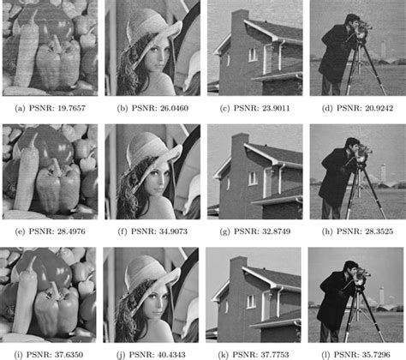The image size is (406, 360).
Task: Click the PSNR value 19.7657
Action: (71, 108)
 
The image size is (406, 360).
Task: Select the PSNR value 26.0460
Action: (174, 108)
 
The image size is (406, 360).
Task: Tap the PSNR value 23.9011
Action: (276, 108)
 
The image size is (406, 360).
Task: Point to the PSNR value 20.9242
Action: (379, 108)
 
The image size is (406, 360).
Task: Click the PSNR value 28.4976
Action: (71, 231)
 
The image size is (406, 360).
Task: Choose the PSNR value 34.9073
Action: (173, 231)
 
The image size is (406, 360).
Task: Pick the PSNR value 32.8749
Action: (276, 231)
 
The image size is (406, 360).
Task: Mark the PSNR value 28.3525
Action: (379, 231)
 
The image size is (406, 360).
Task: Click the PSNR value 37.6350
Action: (69, 355)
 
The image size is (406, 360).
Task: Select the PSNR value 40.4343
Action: (171, 355)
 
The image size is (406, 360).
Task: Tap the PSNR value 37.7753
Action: (274, 355)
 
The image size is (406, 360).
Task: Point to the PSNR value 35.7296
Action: (376, 355)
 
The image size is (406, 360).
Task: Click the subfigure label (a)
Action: (20, 108)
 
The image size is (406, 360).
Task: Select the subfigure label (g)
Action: (224, 231)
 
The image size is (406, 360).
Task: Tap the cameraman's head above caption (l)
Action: (350, 268)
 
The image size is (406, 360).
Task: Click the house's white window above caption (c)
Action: (253, 55)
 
